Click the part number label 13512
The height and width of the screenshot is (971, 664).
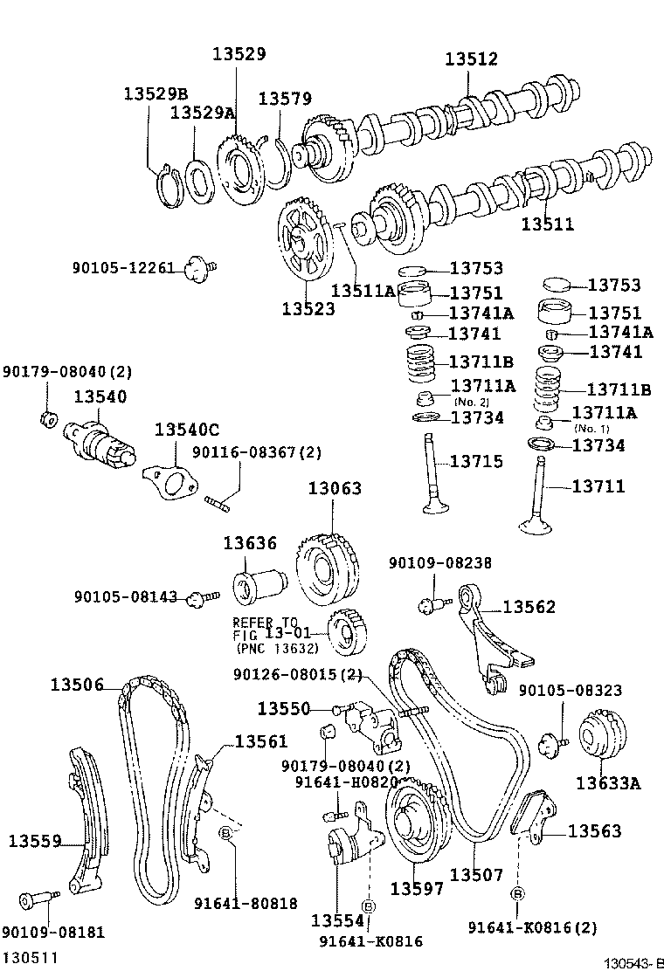pos(471,59)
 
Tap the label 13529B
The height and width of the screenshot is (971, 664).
pos(156,93)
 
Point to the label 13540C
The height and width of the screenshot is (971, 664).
pos(187,430)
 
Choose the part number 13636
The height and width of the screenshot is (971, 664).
pos(249,543)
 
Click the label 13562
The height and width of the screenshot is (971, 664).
pos(529,606)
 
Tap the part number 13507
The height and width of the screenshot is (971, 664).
pos(477,874)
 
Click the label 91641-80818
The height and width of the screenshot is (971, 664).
pos(245,904)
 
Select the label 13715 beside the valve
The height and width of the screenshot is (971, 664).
pos(476,461)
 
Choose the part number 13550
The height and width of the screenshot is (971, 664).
pos(285,708)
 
